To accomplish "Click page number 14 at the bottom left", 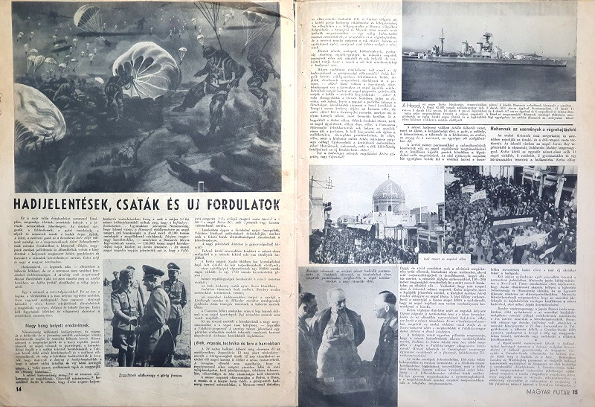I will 18,388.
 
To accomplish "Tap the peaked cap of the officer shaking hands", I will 152,271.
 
